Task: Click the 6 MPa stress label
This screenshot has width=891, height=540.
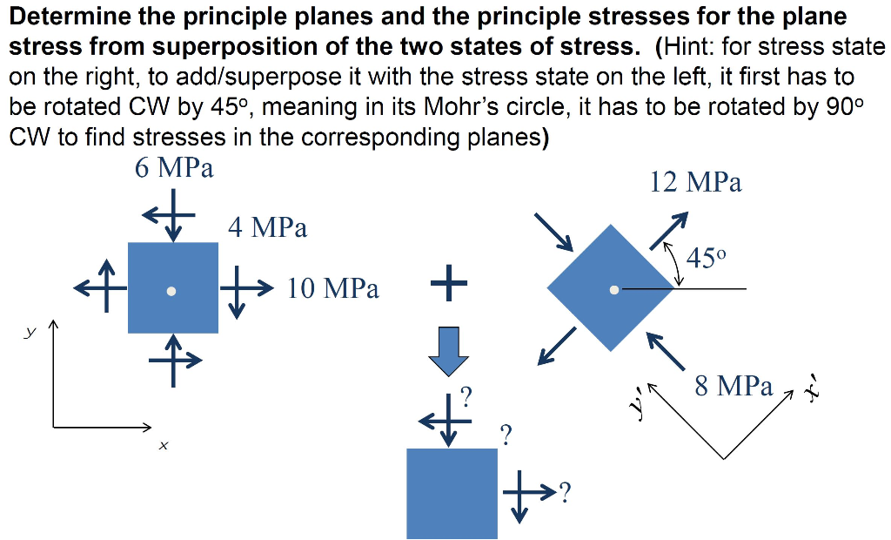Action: pos(174,168)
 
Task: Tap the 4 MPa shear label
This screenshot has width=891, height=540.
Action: pos(268,228)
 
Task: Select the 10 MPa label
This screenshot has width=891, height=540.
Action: pos(333,288)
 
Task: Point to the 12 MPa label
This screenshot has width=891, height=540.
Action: pos(695,182)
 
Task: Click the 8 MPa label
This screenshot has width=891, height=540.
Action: pos(734,386)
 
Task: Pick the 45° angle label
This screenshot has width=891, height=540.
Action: pos(706,258)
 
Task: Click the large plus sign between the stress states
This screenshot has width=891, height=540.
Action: pos(448,284)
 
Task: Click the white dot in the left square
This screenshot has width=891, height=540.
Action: pos(172,291)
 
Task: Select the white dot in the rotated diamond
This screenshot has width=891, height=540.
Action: pos(614,289)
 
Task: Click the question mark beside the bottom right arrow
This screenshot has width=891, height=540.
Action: pos(566,494)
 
